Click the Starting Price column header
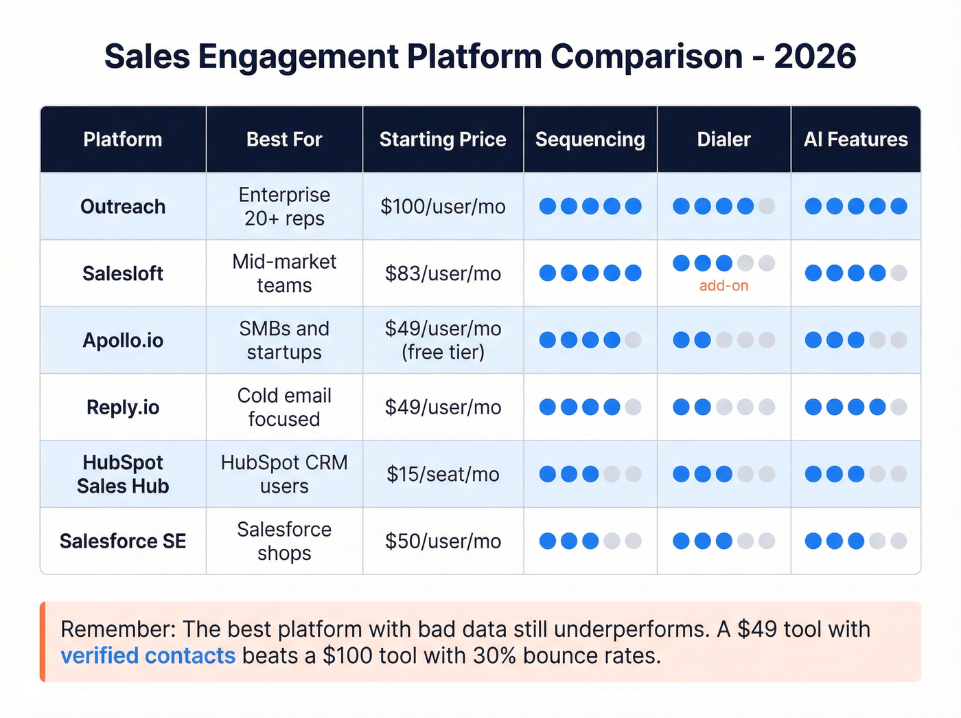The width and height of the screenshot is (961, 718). point(443,139)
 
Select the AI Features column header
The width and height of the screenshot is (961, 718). point(855,139)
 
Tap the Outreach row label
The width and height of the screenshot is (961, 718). point(123,206)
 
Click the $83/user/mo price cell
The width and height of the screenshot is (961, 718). point(443,273)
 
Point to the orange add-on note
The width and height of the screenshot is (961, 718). point(723,286)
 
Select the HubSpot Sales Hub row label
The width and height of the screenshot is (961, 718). point(123,474)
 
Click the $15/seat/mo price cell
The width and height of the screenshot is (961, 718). point(443,474)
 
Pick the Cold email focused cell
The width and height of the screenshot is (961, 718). point(284,407)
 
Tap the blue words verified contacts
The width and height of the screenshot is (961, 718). point(148,655)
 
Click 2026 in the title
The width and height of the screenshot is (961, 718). point(815,56)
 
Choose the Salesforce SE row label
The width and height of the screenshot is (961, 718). point(123,541)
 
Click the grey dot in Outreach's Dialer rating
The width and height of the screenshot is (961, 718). point(767,206)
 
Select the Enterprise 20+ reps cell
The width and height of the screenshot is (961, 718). point(284,206)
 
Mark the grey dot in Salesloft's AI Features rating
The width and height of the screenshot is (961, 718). point(899,273)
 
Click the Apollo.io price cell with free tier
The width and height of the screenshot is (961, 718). point(443,340)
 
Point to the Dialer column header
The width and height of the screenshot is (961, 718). point(723,139)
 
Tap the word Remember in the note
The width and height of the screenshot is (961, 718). point(117,629)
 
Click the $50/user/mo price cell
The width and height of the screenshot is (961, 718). point(443,541)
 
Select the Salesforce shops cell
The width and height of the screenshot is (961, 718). point(284,541)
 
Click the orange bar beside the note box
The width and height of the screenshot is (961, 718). point(43,642)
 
